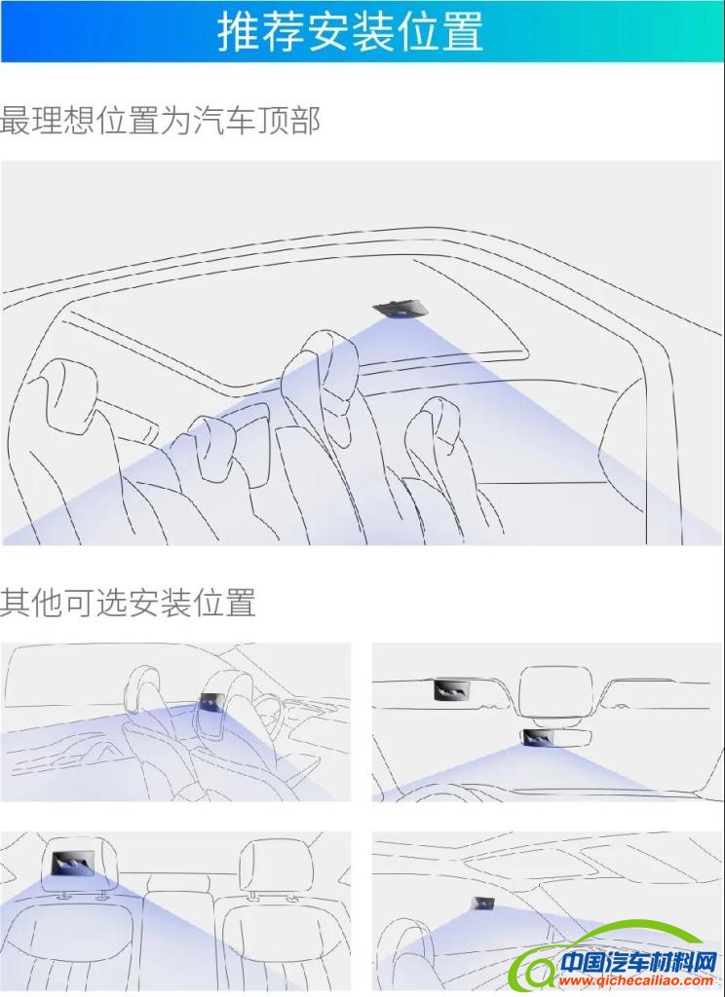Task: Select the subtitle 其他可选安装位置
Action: point(128,602)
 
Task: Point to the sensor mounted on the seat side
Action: point(209,701)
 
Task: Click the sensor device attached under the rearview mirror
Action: point(541,737)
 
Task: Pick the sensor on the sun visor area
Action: point(451,688)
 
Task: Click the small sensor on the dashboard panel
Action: point(483,903)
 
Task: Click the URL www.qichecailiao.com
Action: point(635,979)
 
